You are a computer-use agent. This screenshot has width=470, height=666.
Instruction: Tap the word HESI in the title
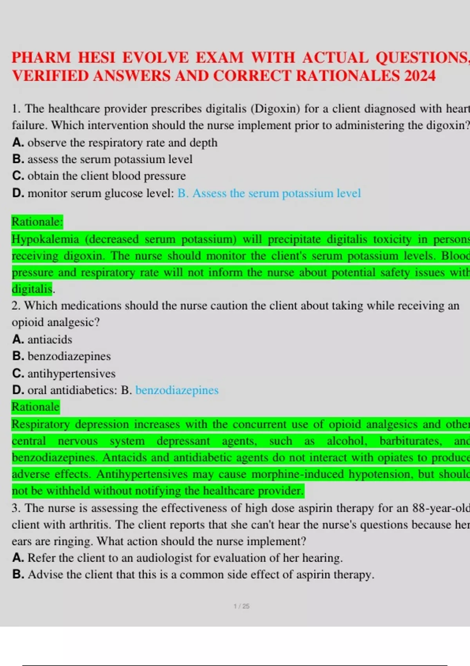[96, 58]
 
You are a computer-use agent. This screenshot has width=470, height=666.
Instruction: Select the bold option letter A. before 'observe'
[18, 143]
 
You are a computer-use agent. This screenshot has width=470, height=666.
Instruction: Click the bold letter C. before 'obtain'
[18, 176]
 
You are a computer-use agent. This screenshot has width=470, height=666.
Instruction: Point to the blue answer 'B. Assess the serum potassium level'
[269, 193]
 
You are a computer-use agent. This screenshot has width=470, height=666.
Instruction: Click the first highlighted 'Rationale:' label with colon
[37, 222]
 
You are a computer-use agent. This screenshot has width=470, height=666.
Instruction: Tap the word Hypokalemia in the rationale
[45, 239]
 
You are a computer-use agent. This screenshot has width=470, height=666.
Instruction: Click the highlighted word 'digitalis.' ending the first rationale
[33, 289]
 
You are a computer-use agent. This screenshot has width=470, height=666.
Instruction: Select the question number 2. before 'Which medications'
[16, 306]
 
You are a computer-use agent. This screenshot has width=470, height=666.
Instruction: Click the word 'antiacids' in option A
[50, 339]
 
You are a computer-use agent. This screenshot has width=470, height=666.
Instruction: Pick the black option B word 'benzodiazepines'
[69, 356]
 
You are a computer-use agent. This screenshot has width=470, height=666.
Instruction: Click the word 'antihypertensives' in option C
[71, 373]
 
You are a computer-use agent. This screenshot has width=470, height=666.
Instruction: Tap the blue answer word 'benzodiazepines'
[177, 390]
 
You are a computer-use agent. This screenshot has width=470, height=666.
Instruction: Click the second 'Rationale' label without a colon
[35, 407]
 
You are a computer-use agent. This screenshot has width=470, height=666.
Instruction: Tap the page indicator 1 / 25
[241, 606]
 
